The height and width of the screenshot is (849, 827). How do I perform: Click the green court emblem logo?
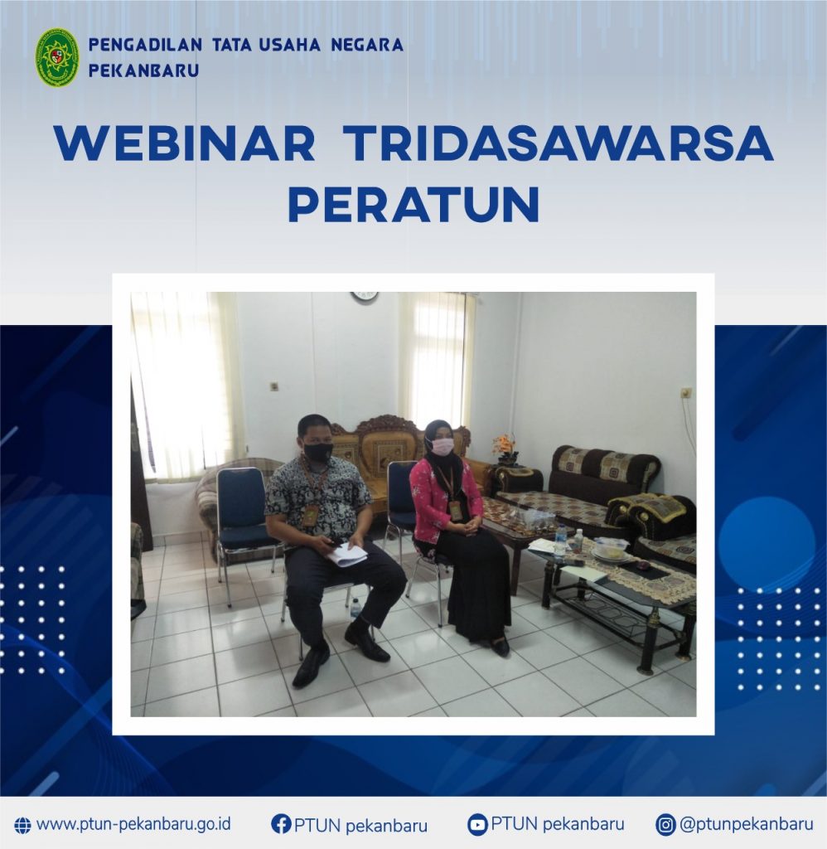point(57,58)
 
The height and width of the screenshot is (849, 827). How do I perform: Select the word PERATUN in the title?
point(414,204)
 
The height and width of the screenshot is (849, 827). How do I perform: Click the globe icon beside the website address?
point(22,825)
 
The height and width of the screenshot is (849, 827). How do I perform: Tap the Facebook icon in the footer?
point(281,824)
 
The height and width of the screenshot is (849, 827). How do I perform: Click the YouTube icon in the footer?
point(477,825)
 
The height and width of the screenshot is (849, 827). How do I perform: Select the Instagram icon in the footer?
point(665,825)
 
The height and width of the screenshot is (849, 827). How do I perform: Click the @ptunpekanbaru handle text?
point(747,824)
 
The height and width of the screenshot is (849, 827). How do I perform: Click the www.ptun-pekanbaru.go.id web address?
point(133,824)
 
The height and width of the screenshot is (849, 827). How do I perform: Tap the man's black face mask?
point(317,450)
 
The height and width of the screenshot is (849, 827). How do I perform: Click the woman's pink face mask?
point(442,447)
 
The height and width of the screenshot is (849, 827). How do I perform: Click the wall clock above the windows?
point(364,297)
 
